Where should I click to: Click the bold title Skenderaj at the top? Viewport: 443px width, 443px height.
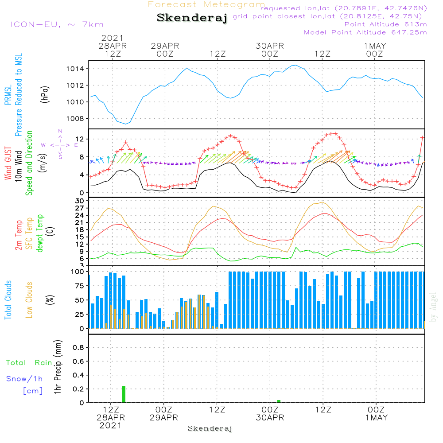click(x=192, y=18)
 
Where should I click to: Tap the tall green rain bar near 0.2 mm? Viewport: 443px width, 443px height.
click(x=124, y=394)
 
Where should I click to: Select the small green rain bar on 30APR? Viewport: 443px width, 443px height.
click(x=279, y=401)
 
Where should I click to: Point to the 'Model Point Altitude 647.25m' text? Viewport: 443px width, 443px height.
click(x=365, y=32)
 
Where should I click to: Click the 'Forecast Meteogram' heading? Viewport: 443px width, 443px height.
click(x=206, y=4)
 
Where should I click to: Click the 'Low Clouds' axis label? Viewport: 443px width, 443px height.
click(x=30, y=299)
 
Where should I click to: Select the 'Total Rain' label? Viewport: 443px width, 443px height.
click(x=29, y=363)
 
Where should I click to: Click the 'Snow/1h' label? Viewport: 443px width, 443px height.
click(x=25, y=379)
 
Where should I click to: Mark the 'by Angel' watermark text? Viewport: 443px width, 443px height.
click(x=434, y=307)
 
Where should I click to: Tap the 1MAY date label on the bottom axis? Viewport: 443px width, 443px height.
click(x=376, y=418)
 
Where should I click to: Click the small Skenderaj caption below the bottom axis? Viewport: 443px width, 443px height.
click(x=210, y=428)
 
